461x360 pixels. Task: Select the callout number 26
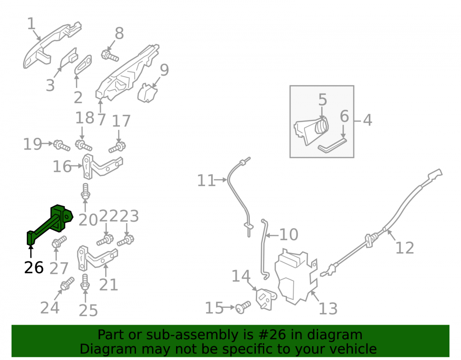tap(34, 267)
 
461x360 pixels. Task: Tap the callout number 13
tap(328, 308)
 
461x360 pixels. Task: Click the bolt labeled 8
tap(110, 55)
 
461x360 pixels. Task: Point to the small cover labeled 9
tap(148, 93)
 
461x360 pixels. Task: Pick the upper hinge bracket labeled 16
tap(101, 166)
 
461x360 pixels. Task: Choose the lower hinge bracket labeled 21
tap(97, 259)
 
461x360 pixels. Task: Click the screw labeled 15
tap(243, 307)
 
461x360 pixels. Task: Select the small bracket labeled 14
tap(266, 299)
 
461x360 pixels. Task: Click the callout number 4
tap(367, 120)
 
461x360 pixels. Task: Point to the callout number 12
tap(405, 248)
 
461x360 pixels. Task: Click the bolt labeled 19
tap(62, 146)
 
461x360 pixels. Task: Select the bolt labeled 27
tap(59, 242)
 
